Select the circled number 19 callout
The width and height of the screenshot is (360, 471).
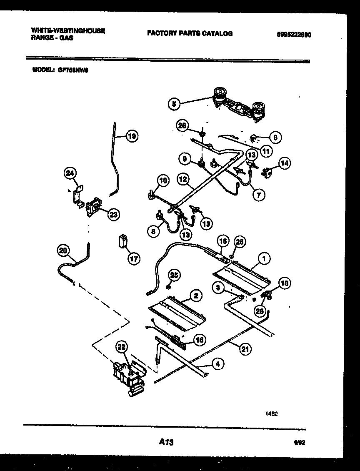(132, 136)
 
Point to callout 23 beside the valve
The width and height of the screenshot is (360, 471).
(113, 214)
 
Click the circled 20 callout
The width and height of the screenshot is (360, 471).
(63, 250)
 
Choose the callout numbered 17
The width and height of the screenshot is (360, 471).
(134, 258)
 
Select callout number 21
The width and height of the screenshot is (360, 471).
(245, 350)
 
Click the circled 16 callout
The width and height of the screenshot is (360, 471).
(200, 340)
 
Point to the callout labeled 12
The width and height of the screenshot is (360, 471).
(183, 180)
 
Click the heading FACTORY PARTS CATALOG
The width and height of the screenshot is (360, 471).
(190, 34)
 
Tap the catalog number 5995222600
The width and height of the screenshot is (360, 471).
(294, 35)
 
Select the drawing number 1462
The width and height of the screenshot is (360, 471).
(272, 414)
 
